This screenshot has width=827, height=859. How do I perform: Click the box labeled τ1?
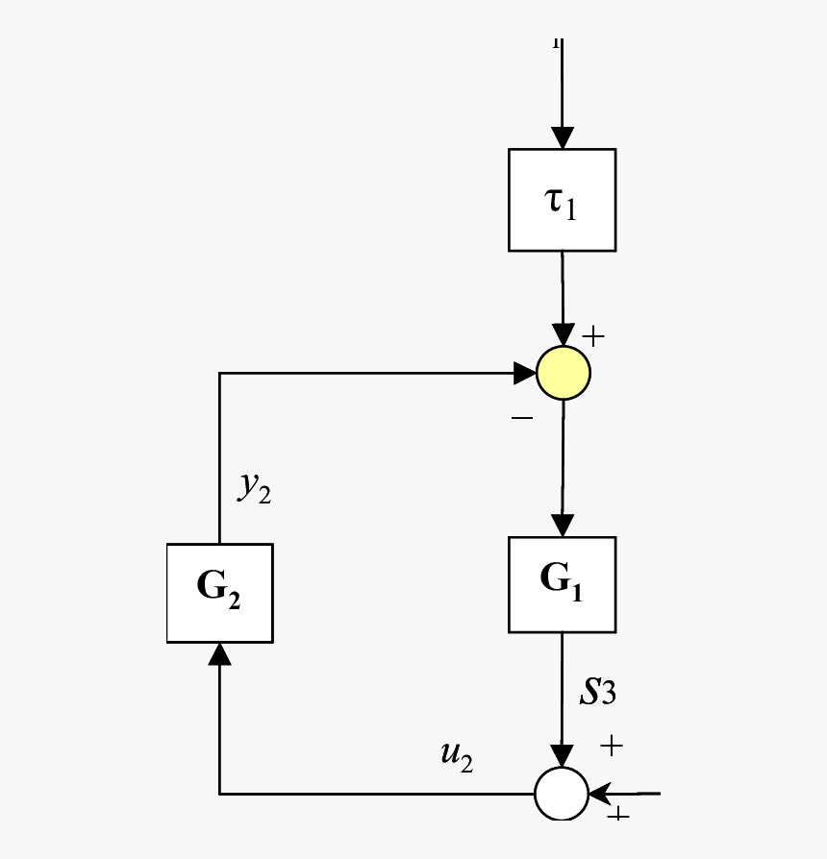click(x=562, y=200)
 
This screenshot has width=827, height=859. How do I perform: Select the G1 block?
click(x=562, y=583)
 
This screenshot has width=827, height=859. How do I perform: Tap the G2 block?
click(x=219, y=592)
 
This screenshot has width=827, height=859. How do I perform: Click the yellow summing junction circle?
click(x=563, y=372)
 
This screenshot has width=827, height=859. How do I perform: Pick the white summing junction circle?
click(x=562, y=794)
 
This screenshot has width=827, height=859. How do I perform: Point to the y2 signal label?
click(x=255, y=488)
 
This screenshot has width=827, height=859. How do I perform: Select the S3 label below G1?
click(x=596, y=693)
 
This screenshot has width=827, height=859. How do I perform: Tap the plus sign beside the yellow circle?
click(x=595, y=336)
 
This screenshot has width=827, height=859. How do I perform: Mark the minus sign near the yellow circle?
click(x=521, y=419)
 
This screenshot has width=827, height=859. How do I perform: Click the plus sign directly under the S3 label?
click(x=611, y=745)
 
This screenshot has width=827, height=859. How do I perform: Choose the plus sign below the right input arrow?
click(x=617, y=815)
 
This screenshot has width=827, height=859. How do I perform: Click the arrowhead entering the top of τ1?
click(x=562, y=137)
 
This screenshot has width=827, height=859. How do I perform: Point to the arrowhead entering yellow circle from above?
click(x=563, y=335)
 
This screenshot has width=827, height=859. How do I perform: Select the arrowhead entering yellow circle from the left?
click(x=524, y=372)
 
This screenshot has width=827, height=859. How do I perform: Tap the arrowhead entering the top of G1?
click(x=562, y=525)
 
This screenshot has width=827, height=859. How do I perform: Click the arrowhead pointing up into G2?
click(x=219, y=654)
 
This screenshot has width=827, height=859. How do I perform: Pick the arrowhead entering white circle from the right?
click(x=601, y=794)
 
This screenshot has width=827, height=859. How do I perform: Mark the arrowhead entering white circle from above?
click(x=562, y=755)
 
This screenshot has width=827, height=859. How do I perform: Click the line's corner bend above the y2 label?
click(x=219, y=373)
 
